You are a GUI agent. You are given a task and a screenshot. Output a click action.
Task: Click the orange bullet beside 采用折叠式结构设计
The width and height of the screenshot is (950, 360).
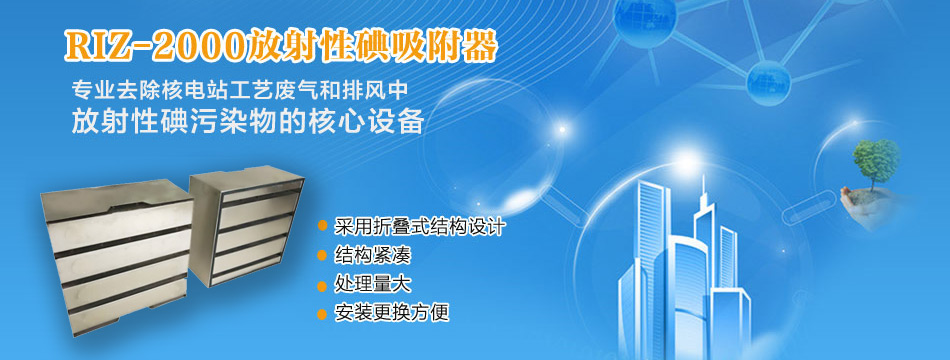322,226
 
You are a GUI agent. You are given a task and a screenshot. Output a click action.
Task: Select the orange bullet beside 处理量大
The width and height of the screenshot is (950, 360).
322,285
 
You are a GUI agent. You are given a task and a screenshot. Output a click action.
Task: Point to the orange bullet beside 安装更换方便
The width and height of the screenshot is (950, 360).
322,314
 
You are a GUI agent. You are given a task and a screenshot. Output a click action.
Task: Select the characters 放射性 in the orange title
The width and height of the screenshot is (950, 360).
288,45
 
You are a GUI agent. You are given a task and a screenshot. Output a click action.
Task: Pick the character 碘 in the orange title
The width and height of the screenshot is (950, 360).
361,45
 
